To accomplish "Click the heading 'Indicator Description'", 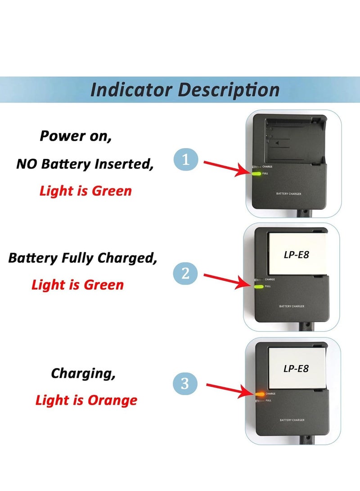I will pos(185,90).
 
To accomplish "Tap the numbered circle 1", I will pos(186,160).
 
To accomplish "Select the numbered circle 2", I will pos(185,273).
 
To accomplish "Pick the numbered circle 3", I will pos(185,383).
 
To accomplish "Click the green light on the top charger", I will pos(256,173).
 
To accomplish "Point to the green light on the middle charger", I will pos(259,286).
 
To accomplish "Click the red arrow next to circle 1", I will pos(225,167).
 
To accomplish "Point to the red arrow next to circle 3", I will pos(230,389).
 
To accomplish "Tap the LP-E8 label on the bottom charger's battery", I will pos(296,368).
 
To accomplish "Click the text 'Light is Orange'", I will pos(86,400).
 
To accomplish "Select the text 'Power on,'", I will pos(76,135).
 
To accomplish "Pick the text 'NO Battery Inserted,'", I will pos(85,164).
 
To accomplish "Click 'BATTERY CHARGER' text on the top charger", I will pos(289,194).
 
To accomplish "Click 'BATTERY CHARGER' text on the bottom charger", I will pos(292,420).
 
